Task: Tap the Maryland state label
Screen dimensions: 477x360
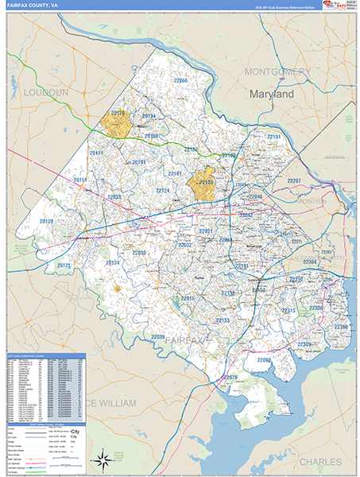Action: click(x=272, y=94)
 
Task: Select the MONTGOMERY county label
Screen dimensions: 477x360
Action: click(x=277, y=72)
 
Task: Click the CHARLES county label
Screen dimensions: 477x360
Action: click(x=320, y=461)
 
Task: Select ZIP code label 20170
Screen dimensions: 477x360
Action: click(x=118, y=114)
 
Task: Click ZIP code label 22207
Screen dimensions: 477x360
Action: click(x=294, y=181)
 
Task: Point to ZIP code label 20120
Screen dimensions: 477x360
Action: click(x=47, y=222)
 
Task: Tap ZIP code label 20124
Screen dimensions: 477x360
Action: click(x=113, y=262)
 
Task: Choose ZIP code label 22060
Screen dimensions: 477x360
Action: click(x=265, y=360)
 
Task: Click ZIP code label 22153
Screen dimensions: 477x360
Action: click(x=223, y=320)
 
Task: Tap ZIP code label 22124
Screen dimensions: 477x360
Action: click(x=162, y=191)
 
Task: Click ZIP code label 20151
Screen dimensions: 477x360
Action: click(x=81, y=180)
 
